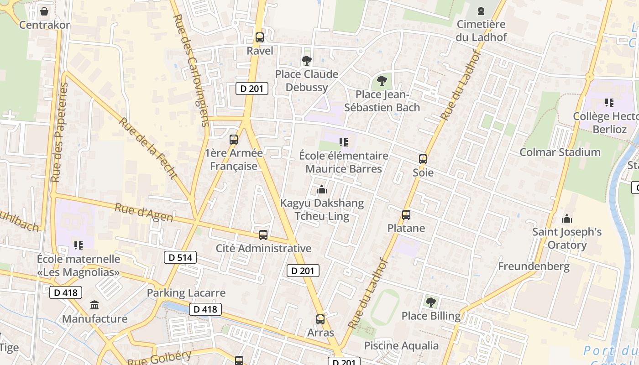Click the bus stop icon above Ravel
point(260,37)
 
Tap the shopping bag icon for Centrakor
point(44,11)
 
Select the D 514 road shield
point(180,257)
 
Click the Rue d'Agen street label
point(144,213)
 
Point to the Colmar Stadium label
point(560,152)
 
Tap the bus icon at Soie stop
point(423,159)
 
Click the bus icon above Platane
point(406,215)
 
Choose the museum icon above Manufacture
point(94,305)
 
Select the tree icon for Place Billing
point(430,302)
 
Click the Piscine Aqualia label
point(401,346)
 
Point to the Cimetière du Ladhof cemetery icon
point(481,11)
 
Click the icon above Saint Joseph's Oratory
point(567,219)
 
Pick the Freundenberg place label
point(534,266)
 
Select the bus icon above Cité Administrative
point(263,235)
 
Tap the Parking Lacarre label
point(186,293)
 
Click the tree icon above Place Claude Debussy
point(306,60)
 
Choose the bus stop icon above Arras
point(320,319)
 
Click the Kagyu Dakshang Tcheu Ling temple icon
point(322,189)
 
